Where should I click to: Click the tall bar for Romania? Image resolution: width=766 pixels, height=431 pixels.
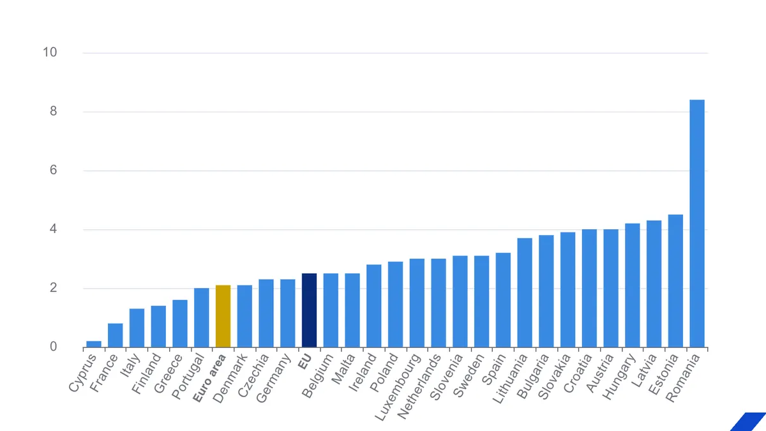click(x=697, y=223)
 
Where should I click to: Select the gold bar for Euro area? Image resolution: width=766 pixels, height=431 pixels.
click(x=223, y=316)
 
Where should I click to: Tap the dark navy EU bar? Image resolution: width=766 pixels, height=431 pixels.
click(x=309, y=310)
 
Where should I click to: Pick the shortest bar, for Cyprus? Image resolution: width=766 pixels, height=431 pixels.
click(x=94, y=344)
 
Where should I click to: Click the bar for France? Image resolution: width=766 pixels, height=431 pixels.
click(x=115, y=335)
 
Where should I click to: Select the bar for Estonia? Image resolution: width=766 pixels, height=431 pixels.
click(x=675, y=281)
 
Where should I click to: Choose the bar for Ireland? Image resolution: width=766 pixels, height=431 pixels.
click(x=373, y=306)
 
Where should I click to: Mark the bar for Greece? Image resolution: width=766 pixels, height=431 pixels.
click(x=180, y=323)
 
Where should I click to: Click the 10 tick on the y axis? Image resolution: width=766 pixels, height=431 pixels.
click(x=50, y=52)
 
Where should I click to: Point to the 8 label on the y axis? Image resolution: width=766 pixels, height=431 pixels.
click(x=52, y=112)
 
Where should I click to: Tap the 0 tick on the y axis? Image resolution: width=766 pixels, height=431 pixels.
click(x=52, y=347)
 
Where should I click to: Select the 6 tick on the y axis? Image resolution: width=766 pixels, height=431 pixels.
click(x=52, y=170)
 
